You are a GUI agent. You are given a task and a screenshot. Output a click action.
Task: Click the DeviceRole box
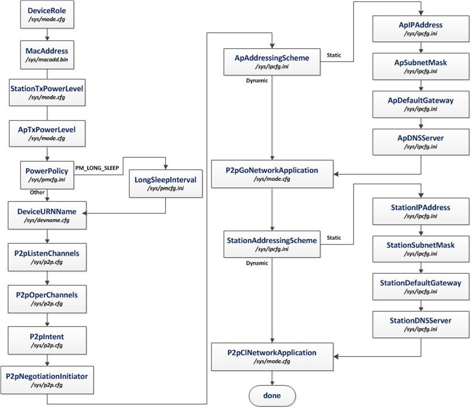[x=46, y=15]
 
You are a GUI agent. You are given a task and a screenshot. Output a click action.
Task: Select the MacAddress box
[x=46, y=55]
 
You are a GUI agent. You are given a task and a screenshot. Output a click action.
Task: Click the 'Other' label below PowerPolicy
[x=37, y=191]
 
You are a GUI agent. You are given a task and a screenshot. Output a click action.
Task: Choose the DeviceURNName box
[x=46, y=215]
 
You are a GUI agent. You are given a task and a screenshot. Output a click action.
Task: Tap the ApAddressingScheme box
[x=272, y=61]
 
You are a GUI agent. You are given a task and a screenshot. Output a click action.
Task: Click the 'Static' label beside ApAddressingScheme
[x=334, y=55]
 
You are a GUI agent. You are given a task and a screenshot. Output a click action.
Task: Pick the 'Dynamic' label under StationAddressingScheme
[x=257, y=263]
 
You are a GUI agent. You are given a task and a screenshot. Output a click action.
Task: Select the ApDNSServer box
[x=420, y=142]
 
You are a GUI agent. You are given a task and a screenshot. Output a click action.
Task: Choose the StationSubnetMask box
[x=420, y=249]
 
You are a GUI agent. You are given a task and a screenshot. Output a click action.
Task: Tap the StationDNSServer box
[x=420, y=324]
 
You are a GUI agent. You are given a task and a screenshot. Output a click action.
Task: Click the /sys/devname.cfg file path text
[x=46, y=220]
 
